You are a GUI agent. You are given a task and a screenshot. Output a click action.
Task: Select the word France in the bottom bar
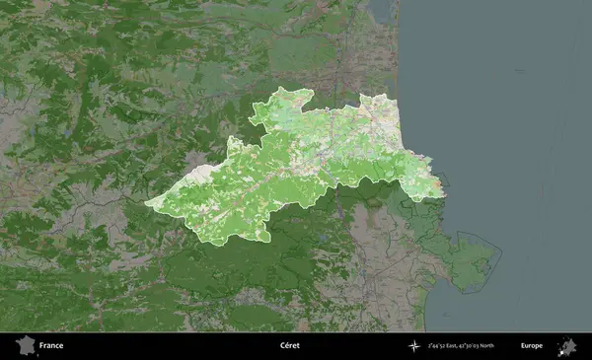tap(51, 346)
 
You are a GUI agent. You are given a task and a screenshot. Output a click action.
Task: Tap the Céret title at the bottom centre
tap(289, 346)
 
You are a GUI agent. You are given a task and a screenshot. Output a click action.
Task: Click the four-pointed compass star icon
tap(413, 346)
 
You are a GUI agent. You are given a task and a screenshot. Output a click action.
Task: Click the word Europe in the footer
tap(531, 346)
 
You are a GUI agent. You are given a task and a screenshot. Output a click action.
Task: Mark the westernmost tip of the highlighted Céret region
tap(146, 204)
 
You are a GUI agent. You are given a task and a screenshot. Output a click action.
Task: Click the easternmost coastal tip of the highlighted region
tap(443, 192)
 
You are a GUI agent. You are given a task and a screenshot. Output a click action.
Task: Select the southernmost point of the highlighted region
tap(212, 243)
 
